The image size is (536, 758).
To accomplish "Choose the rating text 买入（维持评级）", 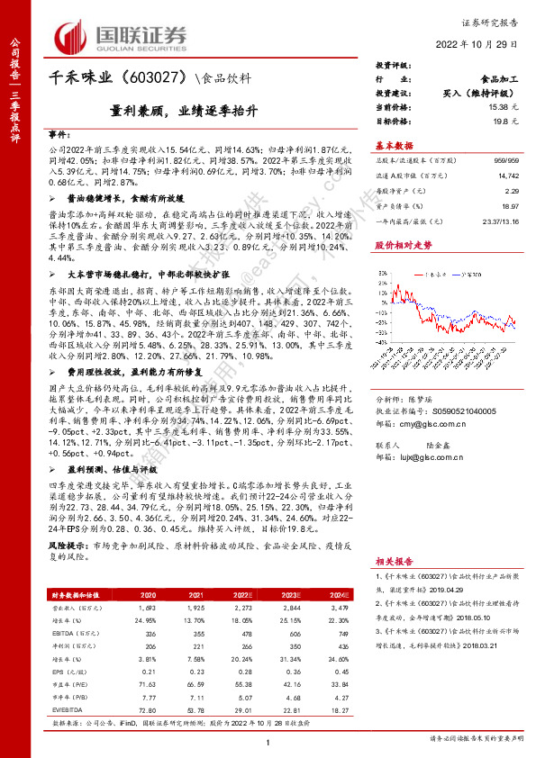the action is pos(477,92).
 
